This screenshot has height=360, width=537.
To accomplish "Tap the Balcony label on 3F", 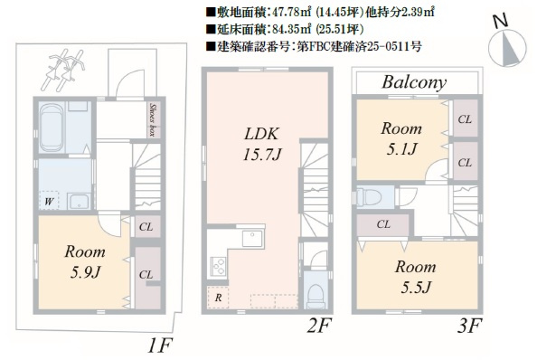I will pyautogui.click(x=413, y=82).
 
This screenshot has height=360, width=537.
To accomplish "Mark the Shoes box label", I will pyautogui.click(x=155, y=117).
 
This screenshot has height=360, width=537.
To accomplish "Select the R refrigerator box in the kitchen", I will pyautogui.click(x=218, y=297).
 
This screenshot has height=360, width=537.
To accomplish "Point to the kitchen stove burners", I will pyautogui.click(x=218, y=266).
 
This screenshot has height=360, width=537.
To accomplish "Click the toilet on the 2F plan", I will pyautogui.click(x=314, y=295).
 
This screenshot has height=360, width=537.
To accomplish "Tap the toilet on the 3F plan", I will pyautogui.click(x=371, y=197).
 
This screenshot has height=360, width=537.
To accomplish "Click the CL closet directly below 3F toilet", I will pyautogui.click(x=383, y=224).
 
